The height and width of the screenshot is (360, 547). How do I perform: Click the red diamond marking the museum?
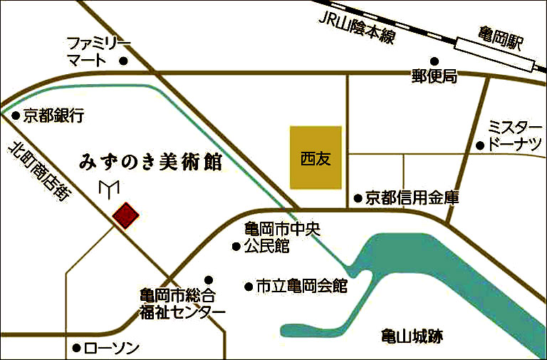[x=125, y=215]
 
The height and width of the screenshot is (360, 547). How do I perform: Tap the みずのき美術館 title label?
[x=150, y=162]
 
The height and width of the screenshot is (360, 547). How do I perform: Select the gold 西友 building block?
[x=316, y=158]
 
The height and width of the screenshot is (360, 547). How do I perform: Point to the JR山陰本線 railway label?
[x=356, y=26]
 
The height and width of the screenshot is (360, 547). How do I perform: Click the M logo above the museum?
[x=109, y=189]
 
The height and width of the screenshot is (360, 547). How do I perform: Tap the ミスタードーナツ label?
[x=514, y=136]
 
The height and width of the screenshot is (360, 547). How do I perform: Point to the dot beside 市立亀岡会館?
[x=249, y=287]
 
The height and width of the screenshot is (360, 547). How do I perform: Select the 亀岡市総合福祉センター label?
[x=182, y=304]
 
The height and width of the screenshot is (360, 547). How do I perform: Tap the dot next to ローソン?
[x=76, y=349]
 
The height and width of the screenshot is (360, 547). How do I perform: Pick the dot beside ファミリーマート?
[x=123, y=61]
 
